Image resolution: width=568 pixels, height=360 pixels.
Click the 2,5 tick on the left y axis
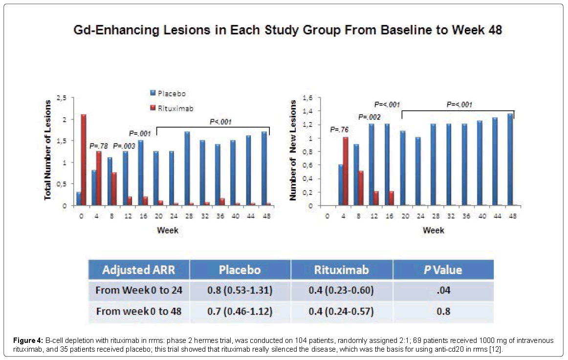coord(63,98)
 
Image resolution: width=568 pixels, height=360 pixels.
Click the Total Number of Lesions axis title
coord(48,150)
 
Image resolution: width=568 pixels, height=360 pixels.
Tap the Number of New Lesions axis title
coord(293,150)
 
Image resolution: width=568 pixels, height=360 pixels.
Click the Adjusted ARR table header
coord(139,270)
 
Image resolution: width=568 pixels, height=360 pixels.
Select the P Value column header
coord(443,270)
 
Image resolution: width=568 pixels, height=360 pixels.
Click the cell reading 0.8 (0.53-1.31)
coord(240,291)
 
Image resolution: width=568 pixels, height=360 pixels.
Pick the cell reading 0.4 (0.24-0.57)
coord(341,311)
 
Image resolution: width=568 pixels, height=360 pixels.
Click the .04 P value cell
coord(443,291)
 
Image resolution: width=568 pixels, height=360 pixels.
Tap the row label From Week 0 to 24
coord(139,291)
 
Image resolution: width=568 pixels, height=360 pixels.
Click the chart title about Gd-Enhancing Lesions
coord(284,31)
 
